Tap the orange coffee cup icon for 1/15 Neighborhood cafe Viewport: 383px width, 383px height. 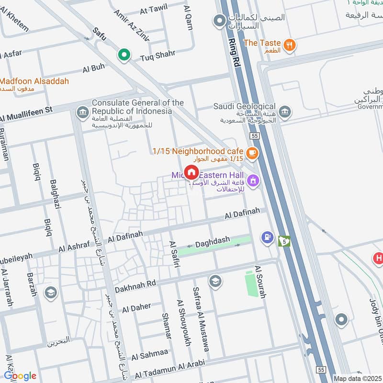point(253,154)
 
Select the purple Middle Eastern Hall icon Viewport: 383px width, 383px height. point(254,181)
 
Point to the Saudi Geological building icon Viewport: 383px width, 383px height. point(285,111)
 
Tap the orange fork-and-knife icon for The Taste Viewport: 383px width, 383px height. point(289,45)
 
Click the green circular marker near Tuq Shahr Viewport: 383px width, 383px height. point(124,56)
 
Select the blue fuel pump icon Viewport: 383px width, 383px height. point(267,237)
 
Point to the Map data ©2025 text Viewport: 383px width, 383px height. point(357,379)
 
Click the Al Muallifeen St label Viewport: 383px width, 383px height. point(26,115)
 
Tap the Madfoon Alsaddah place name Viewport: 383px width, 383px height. point(34,81)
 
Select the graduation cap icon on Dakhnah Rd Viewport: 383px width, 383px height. point(215,281)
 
